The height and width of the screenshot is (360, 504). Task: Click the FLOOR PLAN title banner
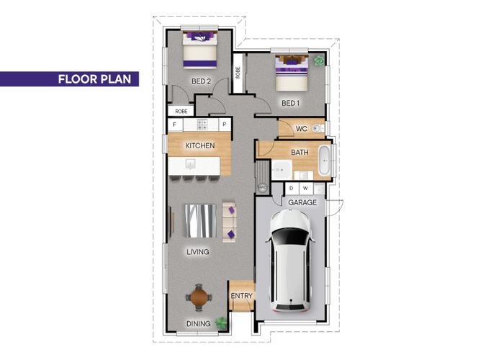[69, 79]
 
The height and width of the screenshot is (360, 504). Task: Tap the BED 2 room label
[201, 81]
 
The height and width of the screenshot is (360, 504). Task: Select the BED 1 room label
[291, 103]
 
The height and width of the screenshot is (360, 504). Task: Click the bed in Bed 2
[199, 50]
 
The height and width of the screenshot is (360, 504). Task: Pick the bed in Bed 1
[292, 73]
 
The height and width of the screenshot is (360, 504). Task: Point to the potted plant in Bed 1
[319, 60]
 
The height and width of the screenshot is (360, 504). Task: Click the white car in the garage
[291, 261]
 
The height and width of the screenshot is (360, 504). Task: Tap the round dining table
[199, 297]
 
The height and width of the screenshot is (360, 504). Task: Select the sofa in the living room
[229, 222]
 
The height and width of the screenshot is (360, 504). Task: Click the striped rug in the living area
[200, 221]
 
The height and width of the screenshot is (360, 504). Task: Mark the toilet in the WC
[319, 129]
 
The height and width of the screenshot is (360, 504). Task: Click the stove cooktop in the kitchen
[202, 125]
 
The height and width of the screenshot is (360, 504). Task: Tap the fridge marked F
[175, 125]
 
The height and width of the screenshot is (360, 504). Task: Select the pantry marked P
[225, 125]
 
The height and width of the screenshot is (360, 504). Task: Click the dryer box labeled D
[292, 189]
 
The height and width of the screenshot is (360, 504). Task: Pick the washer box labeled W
[306, 189]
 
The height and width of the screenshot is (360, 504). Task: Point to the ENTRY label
[242, 296]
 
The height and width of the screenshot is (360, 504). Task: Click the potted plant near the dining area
[221, 322]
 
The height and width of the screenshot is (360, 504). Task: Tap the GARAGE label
[302, 202]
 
